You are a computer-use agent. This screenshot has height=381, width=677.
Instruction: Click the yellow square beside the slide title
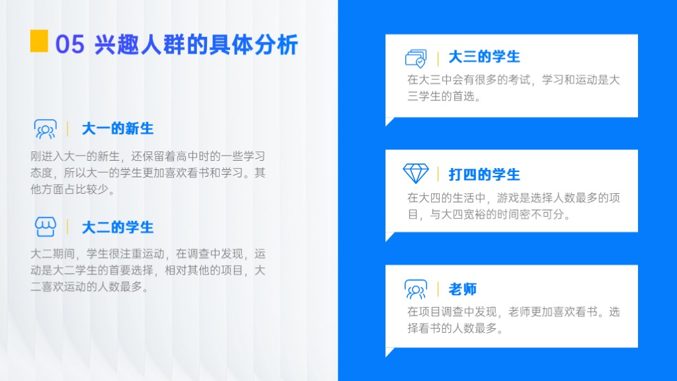coord(39,41)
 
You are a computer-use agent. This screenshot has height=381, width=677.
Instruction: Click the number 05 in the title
coord(69,44)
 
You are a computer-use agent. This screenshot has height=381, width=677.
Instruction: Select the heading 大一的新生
coord(118,129)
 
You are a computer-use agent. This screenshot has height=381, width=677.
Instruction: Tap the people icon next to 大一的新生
coord(46,129)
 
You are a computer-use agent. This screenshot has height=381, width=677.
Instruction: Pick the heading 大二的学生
coord(118,228)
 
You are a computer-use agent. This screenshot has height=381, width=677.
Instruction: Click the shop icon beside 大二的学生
coord(46,227)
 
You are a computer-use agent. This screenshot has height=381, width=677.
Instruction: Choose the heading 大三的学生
coord(484,57)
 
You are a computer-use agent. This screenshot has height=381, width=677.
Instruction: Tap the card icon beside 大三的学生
coord(416,58)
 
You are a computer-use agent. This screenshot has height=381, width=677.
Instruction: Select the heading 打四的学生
coord(484,175)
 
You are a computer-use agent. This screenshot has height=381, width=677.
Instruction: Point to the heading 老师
coord(462,289)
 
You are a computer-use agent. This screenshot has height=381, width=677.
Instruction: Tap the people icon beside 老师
coord(416,289)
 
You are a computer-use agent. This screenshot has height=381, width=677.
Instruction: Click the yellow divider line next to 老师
coord(438,289)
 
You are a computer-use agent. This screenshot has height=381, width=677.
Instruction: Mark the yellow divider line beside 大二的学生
coord(67,227)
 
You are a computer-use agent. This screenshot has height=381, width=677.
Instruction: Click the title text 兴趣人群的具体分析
coord(196,44)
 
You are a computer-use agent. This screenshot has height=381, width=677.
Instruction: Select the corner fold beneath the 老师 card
coord(389,351)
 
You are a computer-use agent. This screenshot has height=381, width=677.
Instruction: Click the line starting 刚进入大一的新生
coord(147,156)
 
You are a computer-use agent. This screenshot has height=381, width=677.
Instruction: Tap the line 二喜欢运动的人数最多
coord(89,287)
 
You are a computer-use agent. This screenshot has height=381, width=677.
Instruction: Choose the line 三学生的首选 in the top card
coord(444,97)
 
